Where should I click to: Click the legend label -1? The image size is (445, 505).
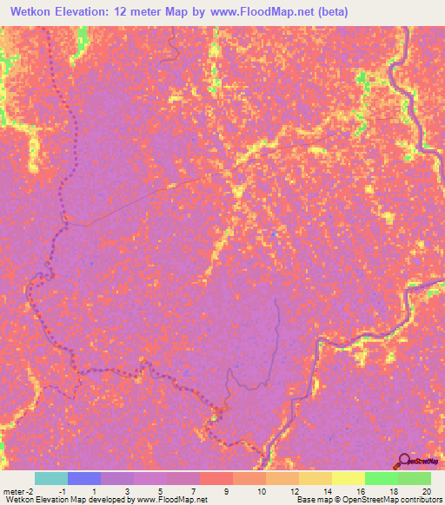[x=63, y=491]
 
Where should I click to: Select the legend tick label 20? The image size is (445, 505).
[x=425, y=491]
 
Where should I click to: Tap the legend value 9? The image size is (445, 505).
[x=226, y=491]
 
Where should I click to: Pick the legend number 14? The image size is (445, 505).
[x=326, y=491]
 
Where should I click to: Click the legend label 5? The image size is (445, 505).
[x=161, y=491]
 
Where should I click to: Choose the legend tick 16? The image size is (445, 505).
[x=359, y=491]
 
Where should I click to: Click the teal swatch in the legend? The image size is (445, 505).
[x=51, y=478]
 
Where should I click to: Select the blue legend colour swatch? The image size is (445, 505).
[x=84, y=478]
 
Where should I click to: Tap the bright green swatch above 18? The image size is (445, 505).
[x=382, y=478]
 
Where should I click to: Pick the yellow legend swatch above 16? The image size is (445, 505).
[x=349, y=478]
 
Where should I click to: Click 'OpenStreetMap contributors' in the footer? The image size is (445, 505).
[x=391, y=500]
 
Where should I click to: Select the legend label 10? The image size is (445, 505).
[x=259, y=491]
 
